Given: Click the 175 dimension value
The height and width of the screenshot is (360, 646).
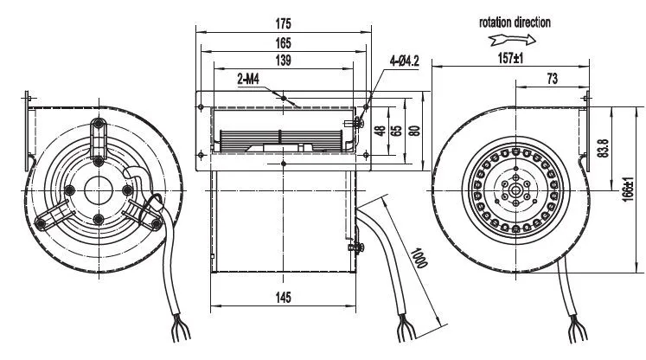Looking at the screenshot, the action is click(283, 23).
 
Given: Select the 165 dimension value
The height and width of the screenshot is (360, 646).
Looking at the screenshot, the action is click(283, 43).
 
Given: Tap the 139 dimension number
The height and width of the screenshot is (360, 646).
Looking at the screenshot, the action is click(283, 61).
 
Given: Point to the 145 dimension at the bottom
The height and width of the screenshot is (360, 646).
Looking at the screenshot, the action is click(283, 298).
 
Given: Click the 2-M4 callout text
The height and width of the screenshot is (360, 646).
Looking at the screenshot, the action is click(248, 79).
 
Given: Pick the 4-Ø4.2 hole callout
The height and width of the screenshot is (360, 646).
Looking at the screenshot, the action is click(404, 61).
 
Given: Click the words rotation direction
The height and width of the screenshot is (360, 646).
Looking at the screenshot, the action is click(515, 22).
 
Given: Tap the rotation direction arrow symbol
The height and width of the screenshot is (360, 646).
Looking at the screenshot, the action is click(512, 40).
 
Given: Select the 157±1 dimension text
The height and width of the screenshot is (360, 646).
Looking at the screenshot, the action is click(510, 58).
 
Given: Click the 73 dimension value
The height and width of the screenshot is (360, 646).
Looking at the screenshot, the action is click(552, 79).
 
